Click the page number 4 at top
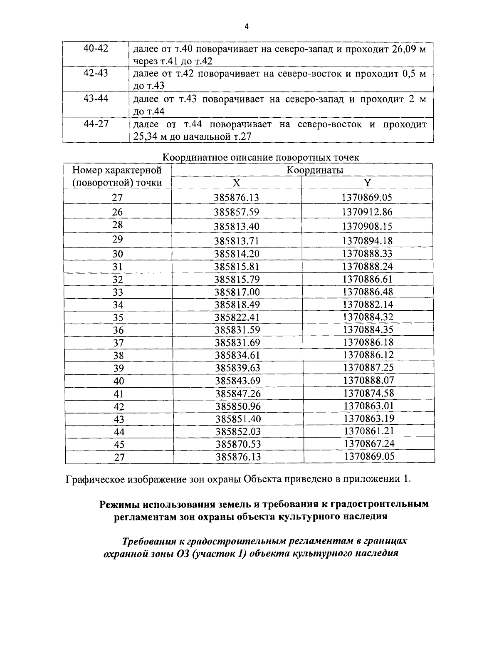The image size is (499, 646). (x=247, y=27)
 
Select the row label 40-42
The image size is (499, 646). (x=96, y=48)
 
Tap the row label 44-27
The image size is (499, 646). (x=96, y=124)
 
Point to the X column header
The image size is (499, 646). (x=236, y=183)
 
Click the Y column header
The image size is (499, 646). (x=367, y=183)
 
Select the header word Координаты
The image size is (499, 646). (x=315, y=170)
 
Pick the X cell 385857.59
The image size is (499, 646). (x=236, y=212)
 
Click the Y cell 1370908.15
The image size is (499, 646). (x=367, y=226)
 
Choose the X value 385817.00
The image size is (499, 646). (x=237, y=292)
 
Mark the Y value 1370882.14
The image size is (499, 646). (x=368, y=304)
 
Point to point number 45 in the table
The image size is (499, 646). (x=119, y=445)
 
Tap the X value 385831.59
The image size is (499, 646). (x=237, y=330)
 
